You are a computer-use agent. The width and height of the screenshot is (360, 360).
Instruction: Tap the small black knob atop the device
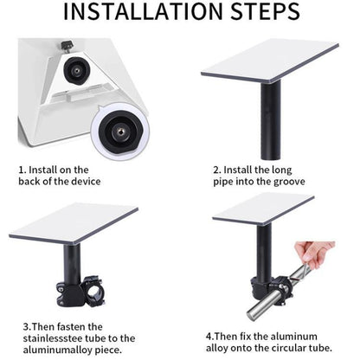pos(67,46)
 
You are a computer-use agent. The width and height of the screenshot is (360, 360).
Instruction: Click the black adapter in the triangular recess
pos(77,70)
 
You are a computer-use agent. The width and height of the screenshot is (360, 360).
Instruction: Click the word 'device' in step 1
pos(86,182)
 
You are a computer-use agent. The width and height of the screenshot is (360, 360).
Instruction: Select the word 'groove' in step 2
pos(289,182)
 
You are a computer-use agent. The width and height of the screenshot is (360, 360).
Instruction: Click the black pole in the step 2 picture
pos(271,119)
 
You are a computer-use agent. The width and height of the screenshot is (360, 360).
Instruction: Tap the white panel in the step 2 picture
pos(270,61)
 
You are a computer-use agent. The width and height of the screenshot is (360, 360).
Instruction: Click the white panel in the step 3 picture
pos(74,223)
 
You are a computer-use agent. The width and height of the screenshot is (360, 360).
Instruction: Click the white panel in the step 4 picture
pos(263,209)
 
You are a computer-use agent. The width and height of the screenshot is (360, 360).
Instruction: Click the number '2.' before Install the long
pos(217,170)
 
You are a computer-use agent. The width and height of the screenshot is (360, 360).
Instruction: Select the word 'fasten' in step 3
pos(71,327)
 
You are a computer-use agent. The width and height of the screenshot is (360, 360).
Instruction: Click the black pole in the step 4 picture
pos(264,254)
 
